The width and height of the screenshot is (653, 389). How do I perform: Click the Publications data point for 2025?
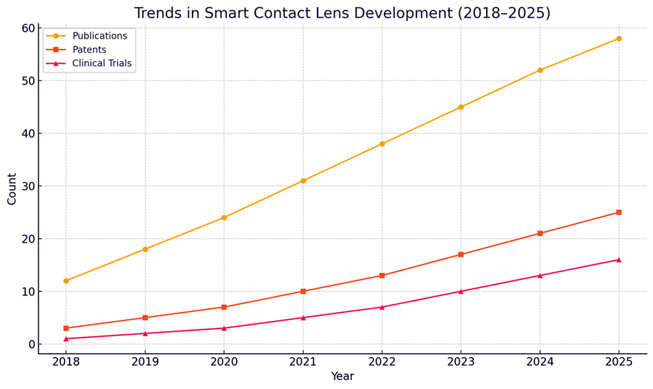point(619,39)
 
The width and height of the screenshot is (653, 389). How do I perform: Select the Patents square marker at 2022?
point(382,276)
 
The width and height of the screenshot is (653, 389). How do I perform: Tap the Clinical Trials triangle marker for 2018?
point(66,339)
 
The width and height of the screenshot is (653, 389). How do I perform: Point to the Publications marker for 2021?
point(303,181)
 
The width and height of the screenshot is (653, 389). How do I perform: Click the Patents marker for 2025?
point(619,213)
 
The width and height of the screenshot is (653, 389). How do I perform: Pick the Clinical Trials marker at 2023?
point(461,292)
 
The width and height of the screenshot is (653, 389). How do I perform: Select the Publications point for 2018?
point(66,281)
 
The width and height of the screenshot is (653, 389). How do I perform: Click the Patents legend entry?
point(89,50)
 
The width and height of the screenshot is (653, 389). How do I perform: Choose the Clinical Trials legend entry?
point(102,63)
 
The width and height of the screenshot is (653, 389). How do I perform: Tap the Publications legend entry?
point(99,36)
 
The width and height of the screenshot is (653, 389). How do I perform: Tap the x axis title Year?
point(342,377)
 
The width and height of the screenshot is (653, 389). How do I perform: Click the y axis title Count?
point(12,189)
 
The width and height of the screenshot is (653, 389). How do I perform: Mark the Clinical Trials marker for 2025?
point(619,260)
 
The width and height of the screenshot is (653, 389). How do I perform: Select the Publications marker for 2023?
point(461,107)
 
